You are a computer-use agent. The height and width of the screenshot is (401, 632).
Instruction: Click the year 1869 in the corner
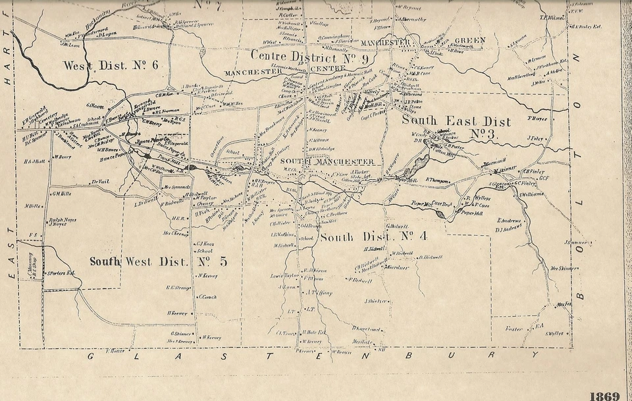[x=604, y=396]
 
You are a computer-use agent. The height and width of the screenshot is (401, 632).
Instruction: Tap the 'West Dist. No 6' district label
[x=111, y=65]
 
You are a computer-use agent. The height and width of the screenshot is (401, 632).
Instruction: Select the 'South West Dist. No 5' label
[x=158, y=261]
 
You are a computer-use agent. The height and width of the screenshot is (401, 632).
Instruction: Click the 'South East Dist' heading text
[x=456, y=122]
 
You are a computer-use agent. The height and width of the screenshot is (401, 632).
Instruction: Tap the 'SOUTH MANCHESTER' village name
[x=327, y=162]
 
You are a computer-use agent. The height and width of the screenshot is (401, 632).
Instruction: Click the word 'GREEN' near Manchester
[x=469, y=41]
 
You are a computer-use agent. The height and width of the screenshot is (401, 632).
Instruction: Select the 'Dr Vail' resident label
[x=100, y=182]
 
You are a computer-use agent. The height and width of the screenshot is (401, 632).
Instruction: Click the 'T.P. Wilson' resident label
[x=552, y=18]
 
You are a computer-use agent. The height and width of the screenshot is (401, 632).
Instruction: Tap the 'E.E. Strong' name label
[x=178, y=287]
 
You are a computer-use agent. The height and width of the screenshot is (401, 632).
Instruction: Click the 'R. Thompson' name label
[x=439, y=179]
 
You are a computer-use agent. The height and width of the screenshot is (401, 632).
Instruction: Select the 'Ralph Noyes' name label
[x=63, y=221]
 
